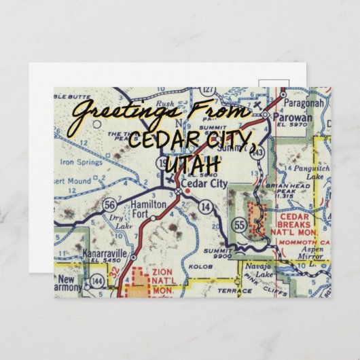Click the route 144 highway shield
coord(98,279)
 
